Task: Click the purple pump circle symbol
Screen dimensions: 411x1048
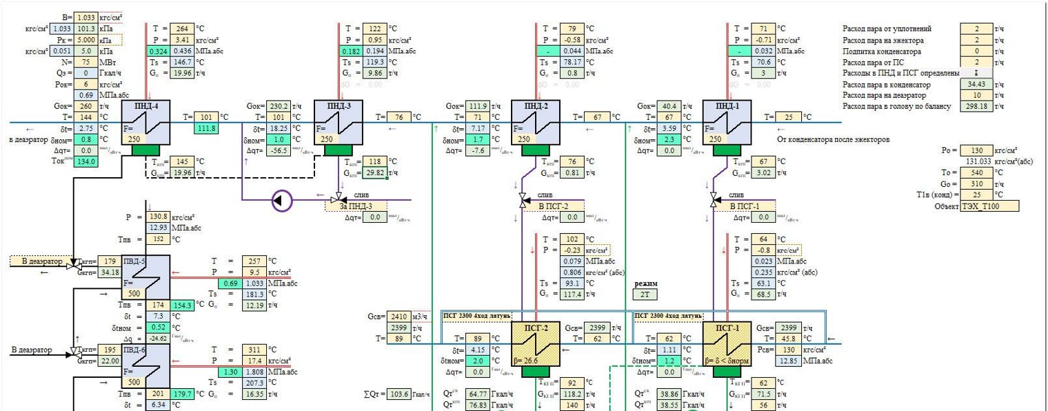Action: (282, 201)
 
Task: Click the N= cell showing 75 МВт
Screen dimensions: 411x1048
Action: (86, 61)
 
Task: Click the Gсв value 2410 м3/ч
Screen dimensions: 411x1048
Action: (399, 317)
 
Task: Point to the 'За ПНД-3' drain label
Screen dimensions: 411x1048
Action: (355, 205)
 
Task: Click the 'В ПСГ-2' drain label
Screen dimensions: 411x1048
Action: (552, 205)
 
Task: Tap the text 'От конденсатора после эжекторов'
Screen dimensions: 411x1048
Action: (833, 139)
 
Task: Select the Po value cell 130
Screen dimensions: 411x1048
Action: (976, 150)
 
